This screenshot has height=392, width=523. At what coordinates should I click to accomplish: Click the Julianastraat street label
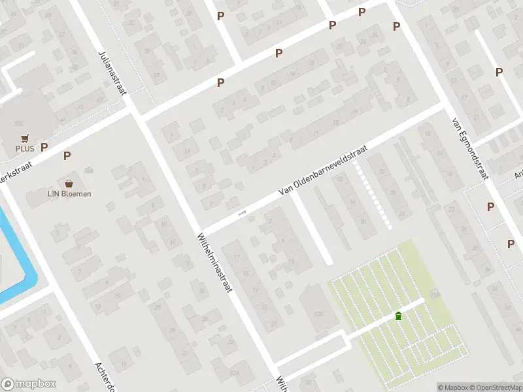(111, 72)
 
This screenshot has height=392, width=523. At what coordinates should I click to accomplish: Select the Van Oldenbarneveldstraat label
(323, 170)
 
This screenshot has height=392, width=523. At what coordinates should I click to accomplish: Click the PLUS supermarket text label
(25, 148)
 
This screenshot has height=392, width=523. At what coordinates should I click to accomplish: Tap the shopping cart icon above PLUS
(25, 139)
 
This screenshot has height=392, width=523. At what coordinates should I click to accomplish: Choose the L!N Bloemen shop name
(69, 193)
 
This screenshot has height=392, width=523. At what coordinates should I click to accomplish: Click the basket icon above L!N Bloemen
(69, 184)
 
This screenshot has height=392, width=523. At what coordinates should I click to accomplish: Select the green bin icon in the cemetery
(398, 316)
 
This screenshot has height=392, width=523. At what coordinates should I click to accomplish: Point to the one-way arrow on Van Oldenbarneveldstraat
(243, 212)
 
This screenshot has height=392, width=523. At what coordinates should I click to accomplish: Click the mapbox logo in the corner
(28, 384)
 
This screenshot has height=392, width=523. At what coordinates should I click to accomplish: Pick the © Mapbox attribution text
(453, 387)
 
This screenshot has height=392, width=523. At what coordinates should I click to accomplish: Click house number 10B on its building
(319, 314)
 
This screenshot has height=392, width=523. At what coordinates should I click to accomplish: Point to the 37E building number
(19, 122)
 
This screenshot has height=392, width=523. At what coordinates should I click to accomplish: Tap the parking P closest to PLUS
(44, 148)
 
